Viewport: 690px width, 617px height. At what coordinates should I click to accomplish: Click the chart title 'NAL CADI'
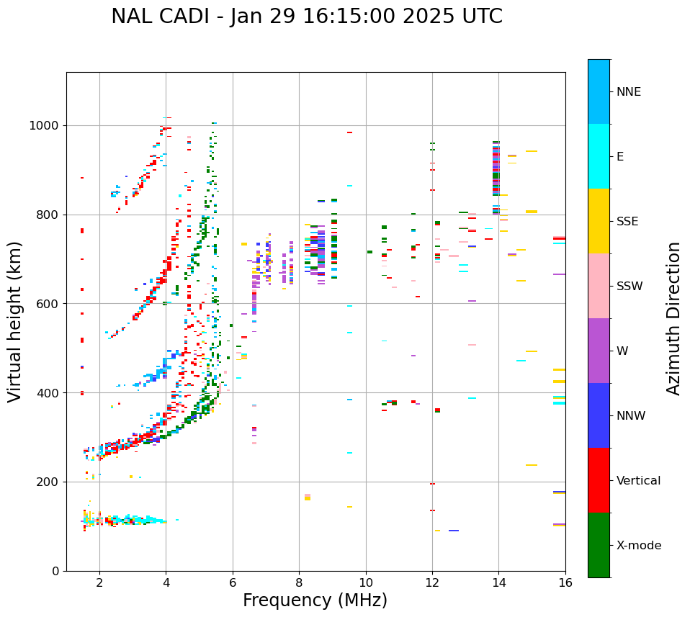pos(165,17)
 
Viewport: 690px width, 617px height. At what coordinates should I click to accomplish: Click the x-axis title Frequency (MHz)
pos(315,600)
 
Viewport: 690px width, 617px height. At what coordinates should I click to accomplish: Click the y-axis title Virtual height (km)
pos(15,321)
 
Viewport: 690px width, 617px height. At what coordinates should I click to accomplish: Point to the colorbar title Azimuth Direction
pos(673,318)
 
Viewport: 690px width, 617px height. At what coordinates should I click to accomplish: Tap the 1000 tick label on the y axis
pos(45,126)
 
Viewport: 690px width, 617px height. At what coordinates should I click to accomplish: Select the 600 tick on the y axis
pos(48,304)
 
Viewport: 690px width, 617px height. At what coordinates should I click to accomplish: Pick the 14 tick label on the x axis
pos(498,582)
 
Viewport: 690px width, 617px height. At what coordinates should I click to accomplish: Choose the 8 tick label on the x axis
pos(299,582)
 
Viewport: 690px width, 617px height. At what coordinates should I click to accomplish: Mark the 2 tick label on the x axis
pos(99,582)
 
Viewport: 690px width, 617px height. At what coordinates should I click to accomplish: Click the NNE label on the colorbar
pos(628,92)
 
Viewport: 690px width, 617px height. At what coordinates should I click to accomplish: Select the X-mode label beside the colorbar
pos(638,546)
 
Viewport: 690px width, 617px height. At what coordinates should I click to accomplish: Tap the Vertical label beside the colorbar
pos(638,481)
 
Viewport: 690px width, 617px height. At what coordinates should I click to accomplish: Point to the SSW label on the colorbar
pos(629,287)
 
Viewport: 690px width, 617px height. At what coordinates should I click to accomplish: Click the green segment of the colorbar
pos(599,545)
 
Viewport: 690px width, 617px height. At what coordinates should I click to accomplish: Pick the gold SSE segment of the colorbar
pos(599,221)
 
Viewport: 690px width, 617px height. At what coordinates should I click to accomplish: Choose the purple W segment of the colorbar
pos(599,351)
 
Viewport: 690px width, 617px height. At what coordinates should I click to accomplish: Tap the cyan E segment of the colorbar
pos(599,156)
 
